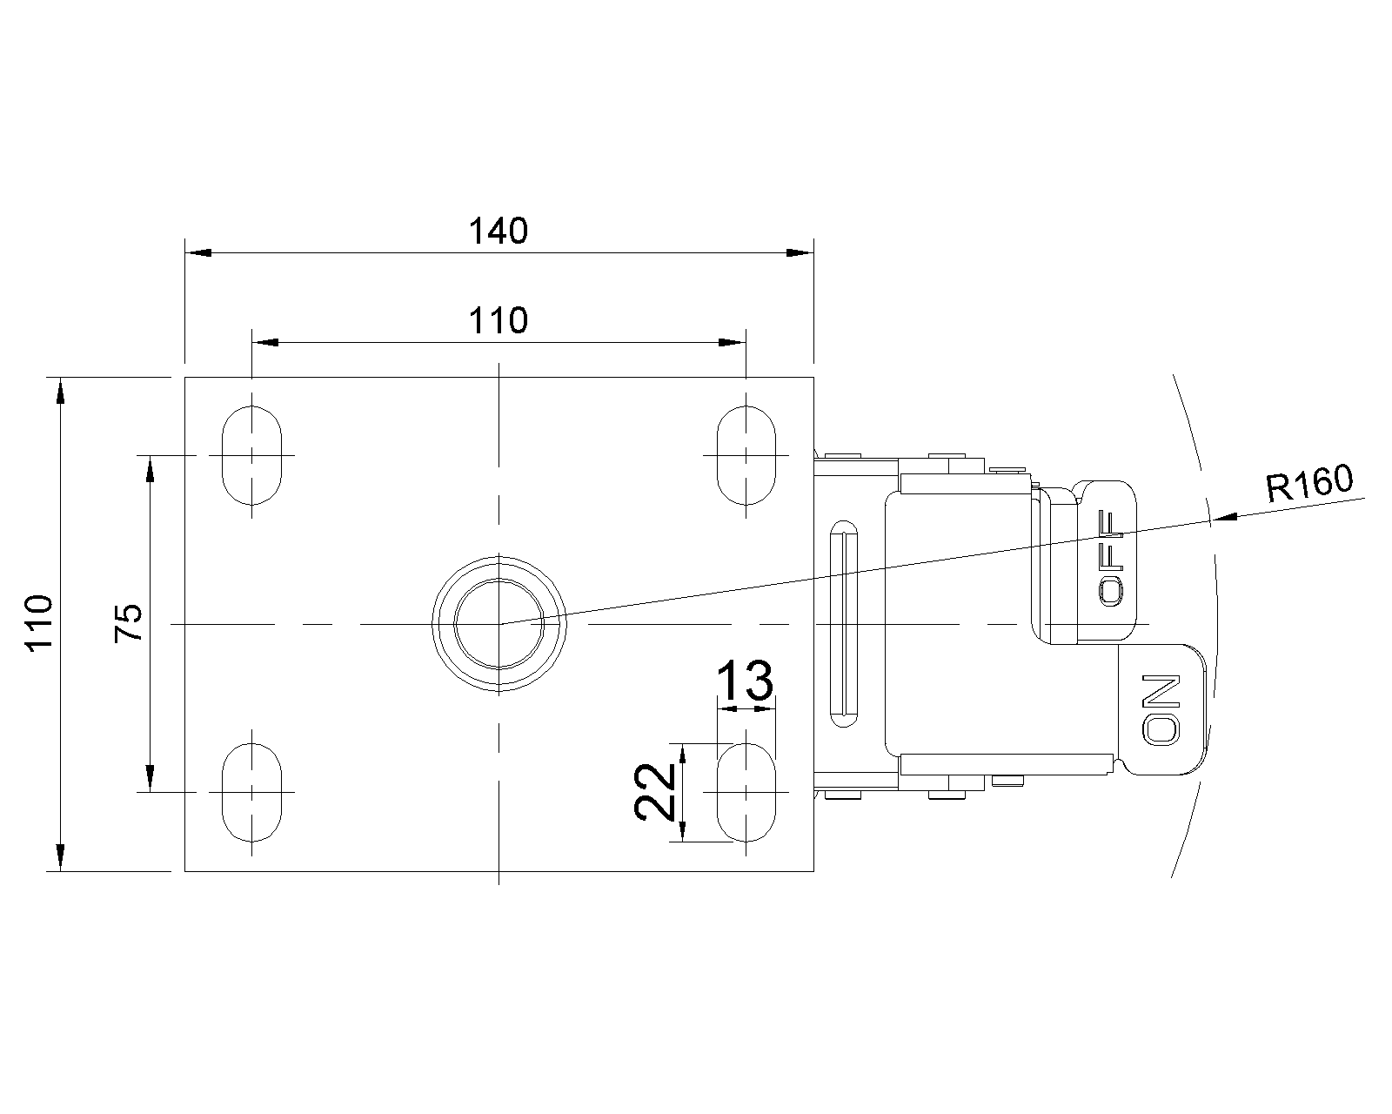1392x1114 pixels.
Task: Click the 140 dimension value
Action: pyautogui.click(x=498, y=232)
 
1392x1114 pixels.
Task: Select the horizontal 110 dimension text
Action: pyautogui.click(x=498, y=321)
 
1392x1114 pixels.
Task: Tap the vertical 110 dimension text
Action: pyautogui.click(x=39, y=622)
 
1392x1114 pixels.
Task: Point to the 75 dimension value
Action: pyautogui.click(x=128, y=622)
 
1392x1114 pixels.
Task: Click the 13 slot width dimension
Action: pyautogui.click(x=745, y=681)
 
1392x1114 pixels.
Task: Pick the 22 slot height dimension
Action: pyautogui.click(x=654, y=792)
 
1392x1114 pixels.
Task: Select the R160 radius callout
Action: pyautogui.click(x=1309, y=483)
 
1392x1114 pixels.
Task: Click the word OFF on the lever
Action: pyautogui.click(x=1112, y=559)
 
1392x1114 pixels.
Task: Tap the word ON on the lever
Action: pyautogui.click(x=1161, y=709)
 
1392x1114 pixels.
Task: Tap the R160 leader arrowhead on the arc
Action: pyautogui.click(x=1223, y=517)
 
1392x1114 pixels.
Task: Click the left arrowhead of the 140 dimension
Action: pyautogui.click(x=198, y=252)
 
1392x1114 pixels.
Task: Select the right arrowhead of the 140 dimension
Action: pyautogui.click(x=800, y=252)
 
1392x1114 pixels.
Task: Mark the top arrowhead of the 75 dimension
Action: pyautogui.click(x=150, y=468)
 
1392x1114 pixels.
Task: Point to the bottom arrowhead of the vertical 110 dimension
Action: pyautogui.click(x=60, y=857)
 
